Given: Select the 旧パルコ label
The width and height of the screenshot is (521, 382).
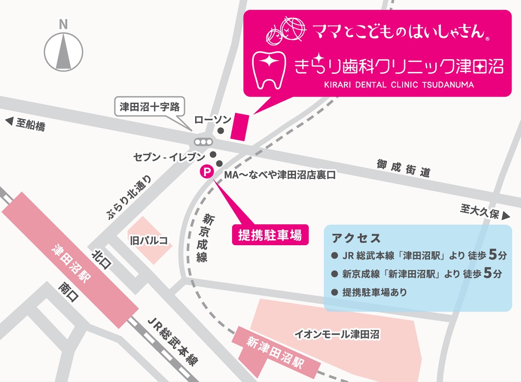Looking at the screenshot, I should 148,240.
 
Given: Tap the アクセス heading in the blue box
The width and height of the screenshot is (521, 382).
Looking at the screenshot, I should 357,238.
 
